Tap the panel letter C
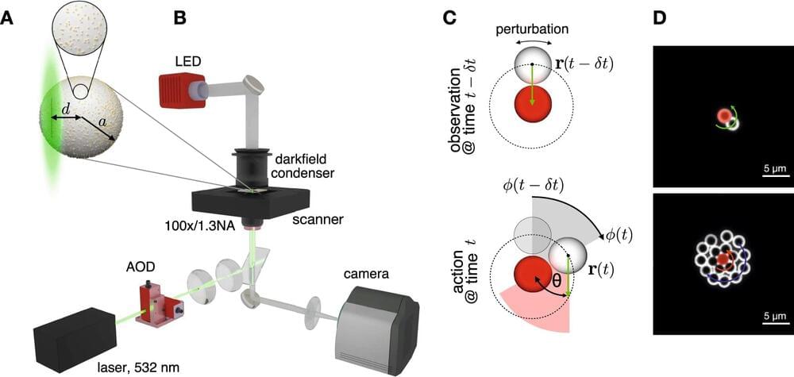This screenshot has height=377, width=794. click(449, 16)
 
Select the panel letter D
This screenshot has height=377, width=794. click(658, 16)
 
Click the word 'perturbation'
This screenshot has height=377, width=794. click(533, 28)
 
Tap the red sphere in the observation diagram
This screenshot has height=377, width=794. click(533, 104)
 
